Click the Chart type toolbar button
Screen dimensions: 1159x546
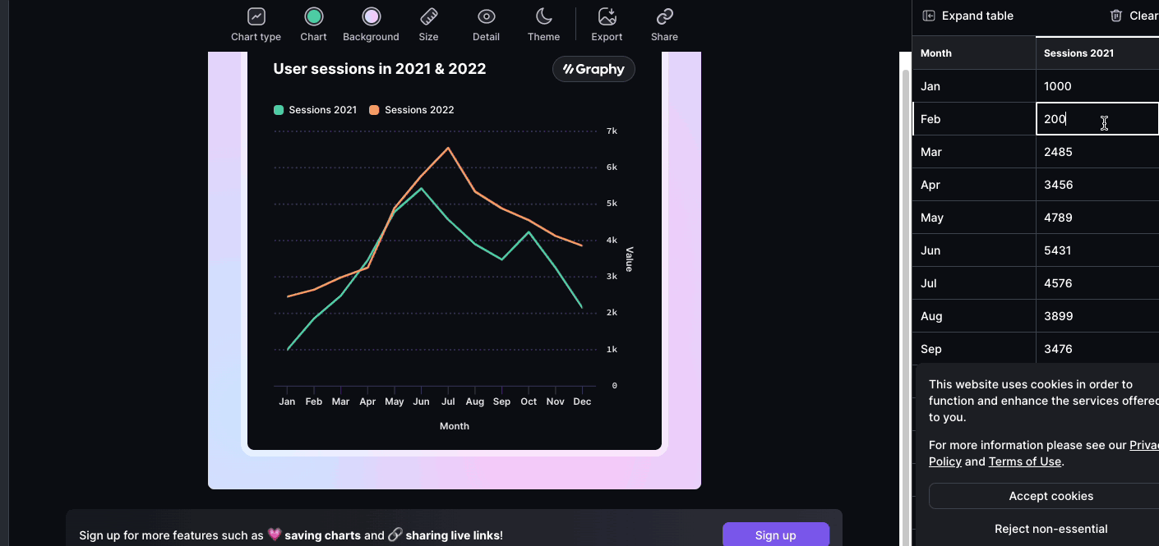coord(256,25)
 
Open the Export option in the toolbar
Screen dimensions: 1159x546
coord(607,25)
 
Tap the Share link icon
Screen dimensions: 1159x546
coord(664,16)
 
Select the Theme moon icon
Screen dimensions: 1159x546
coord(543,16)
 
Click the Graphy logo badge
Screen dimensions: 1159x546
coord(593,69)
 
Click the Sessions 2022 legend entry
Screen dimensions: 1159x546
coord(411,110)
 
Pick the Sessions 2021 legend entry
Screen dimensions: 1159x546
coord(315,110)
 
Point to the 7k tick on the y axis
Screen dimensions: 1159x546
coord(612,131)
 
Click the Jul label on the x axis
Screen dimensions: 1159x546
coord(448,401)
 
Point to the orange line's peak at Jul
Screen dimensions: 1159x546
coord(448,149)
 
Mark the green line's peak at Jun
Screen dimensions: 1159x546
coord(421,189)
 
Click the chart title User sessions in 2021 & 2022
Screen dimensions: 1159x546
coord(379,69)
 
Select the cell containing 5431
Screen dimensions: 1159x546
coord(1097,250)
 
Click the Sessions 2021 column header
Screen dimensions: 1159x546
coord(1078,53)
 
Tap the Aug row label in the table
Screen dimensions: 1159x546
coord(931,316)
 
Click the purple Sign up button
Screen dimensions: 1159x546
coord(776,535)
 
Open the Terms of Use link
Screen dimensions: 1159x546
coord(1024,461)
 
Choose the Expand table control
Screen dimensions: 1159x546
coord(967,16)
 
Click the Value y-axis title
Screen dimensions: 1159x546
coord(629,259)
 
